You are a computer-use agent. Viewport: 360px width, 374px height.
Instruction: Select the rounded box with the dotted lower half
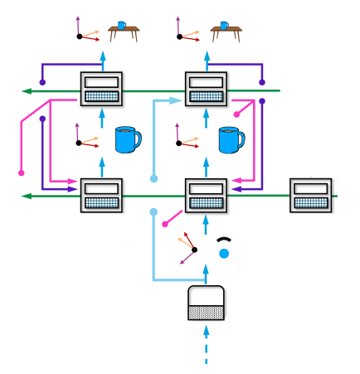pyautogui.click(x=207, y=303)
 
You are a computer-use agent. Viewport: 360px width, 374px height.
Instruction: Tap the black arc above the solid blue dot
pyautogui.click(x=223, y=240)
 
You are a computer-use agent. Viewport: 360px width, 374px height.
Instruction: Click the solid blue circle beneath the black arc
pyautogui.click(x=224, y=254)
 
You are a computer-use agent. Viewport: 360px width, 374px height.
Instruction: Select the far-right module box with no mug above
pyautogui.click(x=311, y=196)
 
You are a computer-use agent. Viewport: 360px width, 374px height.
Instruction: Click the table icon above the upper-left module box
pyautogui.click(x=124, y=32)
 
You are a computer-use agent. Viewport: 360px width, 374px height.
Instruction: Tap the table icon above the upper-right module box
pyautogui.click(x=226, y=32)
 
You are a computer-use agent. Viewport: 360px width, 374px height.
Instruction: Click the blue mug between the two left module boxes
pyautogui.click(x=128, y=139)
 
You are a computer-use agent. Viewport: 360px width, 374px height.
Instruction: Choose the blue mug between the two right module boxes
pyautogui.click(x=231, y=139)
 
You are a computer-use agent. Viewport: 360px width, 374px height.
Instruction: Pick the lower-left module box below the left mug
pyautogui.click(x=101, y=196)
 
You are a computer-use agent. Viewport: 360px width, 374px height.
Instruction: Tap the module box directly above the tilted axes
pyautogui.click(x=206, y=196)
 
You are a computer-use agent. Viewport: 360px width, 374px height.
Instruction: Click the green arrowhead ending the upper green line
pyautogui.click(x=27, y=90)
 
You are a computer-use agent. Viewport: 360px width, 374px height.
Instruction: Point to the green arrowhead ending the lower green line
pyautogui.click(x=27, y=196)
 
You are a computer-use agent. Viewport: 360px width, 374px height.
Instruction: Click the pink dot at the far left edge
pyautogui.click(x=22, y=173)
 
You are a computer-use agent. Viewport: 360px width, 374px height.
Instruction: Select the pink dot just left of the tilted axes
pyautogui.click(x=164, y=224)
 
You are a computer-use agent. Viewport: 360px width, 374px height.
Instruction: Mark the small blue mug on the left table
pyautogui.click(x=121, y=25)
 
